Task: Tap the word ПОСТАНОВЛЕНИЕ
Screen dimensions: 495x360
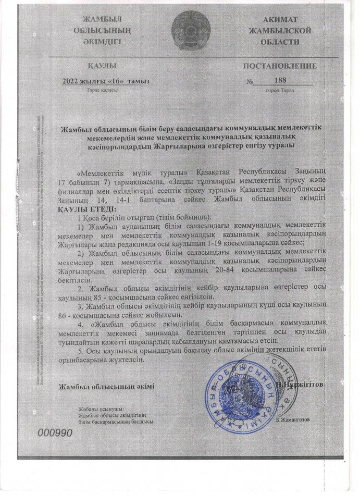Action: point(280,67)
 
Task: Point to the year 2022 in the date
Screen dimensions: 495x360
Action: point(71,81)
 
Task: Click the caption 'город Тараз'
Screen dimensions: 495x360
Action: point(280,90)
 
